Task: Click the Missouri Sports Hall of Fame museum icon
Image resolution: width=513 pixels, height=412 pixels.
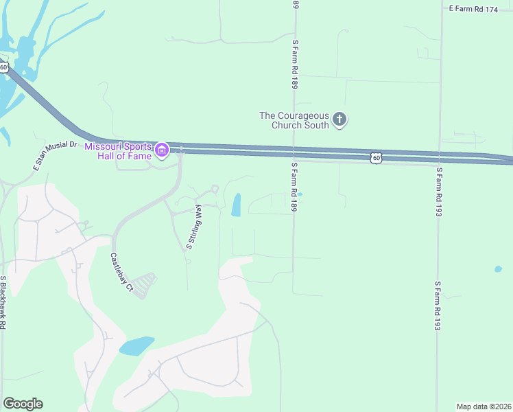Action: coord(161,150)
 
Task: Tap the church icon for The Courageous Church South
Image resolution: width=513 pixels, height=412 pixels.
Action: coord(339,120)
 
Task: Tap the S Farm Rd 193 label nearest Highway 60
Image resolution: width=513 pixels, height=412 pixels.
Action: coord(438,192)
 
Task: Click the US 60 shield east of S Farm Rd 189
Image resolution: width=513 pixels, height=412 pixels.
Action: coord(375,158)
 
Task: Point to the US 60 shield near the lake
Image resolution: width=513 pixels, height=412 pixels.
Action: coord(4,67)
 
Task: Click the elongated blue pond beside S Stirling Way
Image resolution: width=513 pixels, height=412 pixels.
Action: coord(236,205)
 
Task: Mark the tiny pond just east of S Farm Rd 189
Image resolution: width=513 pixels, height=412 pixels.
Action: coord(300,194)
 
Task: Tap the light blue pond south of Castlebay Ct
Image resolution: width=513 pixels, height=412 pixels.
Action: coord(136,345)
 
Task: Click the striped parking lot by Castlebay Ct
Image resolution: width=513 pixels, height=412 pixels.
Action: coord(144,284)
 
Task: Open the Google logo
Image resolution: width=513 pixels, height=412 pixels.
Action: coord(23,404)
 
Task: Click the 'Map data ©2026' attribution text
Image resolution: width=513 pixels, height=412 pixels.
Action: coord(484,406)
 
